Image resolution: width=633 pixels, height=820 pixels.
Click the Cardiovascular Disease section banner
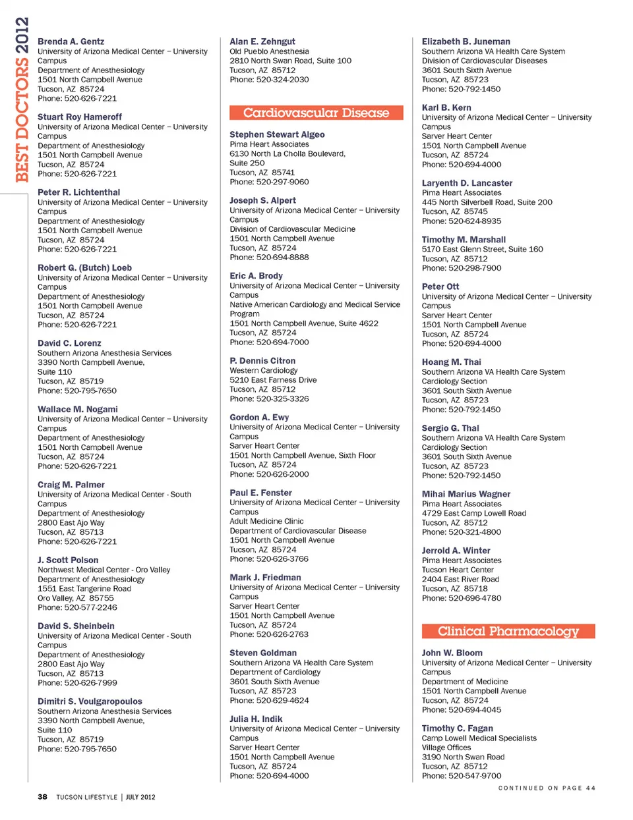pyautogui.click(x=316, y=113)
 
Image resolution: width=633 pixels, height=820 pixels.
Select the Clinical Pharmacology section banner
pyautogui.click(x=508, y=631)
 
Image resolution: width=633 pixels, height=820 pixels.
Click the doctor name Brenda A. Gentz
pyautogui.click(x=71, y=41)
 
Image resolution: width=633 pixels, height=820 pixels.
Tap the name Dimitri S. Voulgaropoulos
pyautogui.click(x=90, y=701)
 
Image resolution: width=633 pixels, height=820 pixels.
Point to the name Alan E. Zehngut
pyautogui.click(x=262, y=41)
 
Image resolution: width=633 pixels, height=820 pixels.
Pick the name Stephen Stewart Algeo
pyautogui.click(x=277, y=134)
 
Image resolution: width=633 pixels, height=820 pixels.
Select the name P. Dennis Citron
pyautogui.click(x=262, y=361)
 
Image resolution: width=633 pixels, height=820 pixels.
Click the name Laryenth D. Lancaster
pyautogui.click(x=467, y=183)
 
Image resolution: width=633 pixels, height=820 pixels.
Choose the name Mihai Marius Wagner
pyautogui.click(x=466, y=494)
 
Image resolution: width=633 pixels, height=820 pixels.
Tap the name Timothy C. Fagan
pyautogui.click(x=457, y=728)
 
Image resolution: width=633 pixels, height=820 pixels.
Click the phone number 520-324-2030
pyautogui.click(x=282, y=80)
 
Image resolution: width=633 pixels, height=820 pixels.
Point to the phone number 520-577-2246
pyautogui.click(x=90, y=607)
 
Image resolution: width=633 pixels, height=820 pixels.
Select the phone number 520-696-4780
pyautogui.click(x=475, y=598)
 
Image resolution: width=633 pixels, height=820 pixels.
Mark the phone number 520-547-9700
pyautogui.click(x=475, y=776)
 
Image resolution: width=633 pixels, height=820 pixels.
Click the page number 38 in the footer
pyautogui.click(x=42, y=797)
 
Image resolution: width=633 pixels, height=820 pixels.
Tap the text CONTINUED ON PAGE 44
pyautogui.click(x=547, y=788)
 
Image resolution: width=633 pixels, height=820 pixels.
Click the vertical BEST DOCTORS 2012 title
pyautogui.click(x=22, y=99)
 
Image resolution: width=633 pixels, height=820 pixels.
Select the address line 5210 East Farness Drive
pyautogui.click(x=273, y=380)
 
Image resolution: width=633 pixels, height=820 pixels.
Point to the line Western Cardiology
pyautogui.click(x=263, y=371)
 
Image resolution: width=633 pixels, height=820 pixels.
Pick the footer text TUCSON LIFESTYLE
pyautogui.click(x=86, y=797)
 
